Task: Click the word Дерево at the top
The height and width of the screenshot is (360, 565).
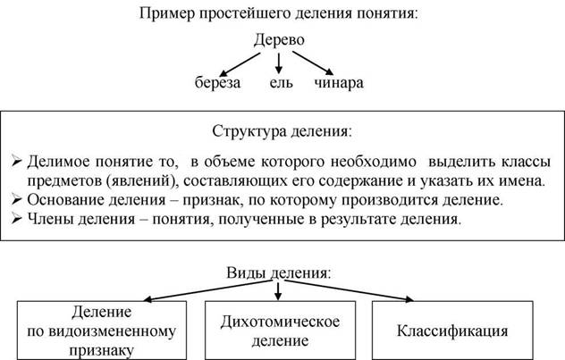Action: click(x=279, y=39)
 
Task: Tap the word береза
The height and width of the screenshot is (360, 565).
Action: click(x=217, y=82)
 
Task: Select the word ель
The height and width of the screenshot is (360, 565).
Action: click(x=281, y=82)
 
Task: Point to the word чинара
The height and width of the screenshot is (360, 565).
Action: click(x=339, y=83)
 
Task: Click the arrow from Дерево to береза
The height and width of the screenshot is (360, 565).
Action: click(x=240, y=65)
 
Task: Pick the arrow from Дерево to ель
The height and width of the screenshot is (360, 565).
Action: click(x=278, y=63)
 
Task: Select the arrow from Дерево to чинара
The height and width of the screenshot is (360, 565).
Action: click(x=313, y=63)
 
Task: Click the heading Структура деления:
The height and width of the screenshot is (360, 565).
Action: click(x=282, y=131)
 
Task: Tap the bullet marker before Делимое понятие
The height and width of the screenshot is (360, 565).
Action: click(x=17, y=161)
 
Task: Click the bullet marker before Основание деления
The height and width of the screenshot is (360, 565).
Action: click(x=17, y=199)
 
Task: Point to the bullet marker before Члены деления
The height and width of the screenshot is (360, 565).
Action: click(x=17, y=219)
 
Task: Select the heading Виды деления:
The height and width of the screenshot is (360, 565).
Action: click(x=279, y=272)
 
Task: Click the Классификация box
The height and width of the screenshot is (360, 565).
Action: click(x=452, y=331)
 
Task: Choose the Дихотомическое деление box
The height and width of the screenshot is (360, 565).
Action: click(x=280, y=331)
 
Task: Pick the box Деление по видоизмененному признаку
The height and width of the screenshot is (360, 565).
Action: click(x=102, y=331)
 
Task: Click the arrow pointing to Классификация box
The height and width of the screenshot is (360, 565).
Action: click(x=349, y=289)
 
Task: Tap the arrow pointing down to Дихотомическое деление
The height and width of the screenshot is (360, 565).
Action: click(x=278, y=291)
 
